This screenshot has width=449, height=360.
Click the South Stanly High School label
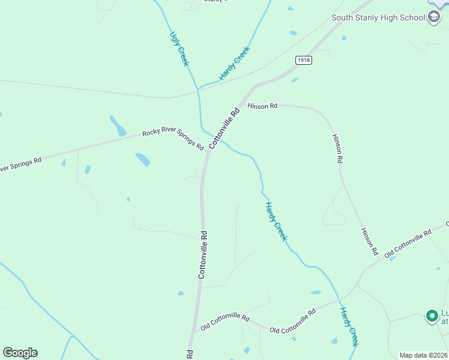point(378,17)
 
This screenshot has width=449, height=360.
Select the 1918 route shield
point(304,60)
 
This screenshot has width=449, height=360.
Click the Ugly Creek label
point(179,49)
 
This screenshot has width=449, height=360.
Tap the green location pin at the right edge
point(431,315)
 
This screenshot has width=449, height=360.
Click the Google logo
point(20,353)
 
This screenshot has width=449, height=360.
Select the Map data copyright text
point(423,355)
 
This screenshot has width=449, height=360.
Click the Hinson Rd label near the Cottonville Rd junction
point(262,106)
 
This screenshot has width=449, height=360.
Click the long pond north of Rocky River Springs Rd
point(118,126)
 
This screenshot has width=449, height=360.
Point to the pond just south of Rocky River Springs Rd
point(143,160)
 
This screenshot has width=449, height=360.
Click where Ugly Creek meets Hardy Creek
point(197,90)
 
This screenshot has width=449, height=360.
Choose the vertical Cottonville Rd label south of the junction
point(203,254)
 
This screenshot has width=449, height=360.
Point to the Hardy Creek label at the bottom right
point(349,326)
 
